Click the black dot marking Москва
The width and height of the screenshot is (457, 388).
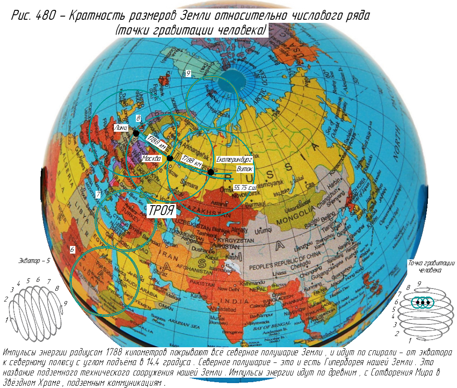coord(170,158)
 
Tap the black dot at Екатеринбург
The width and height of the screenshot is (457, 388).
coord(210,172)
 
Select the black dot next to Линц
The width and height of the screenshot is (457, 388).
coord(135,133)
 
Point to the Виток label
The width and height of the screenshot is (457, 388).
coord(245,169)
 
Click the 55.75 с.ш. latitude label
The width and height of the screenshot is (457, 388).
coord(245,187)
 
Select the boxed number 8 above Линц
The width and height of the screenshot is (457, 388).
coord(139,118)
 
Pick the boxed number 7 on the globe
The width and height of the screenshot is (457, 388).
coord(98,194)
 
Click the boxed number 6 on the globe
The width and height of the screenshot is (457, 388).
coord(72,250)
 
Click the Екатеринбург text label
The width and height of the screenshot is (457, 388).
coord(235,160)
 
